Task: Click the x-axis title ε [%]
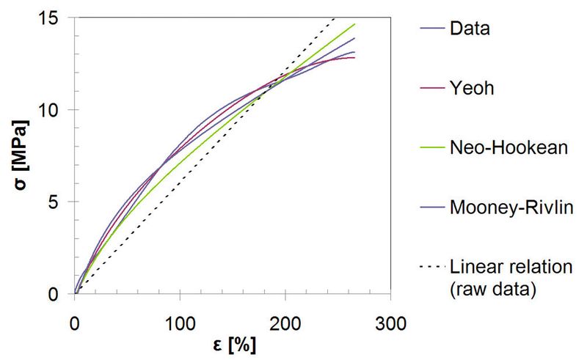(232, 345)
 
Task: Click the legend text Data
(470, 29)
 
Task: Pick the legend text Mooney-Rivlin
(506, 207)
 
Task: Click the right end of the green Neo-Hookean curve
(354, 24)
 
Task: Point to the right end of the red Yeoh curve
(354, 57)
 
